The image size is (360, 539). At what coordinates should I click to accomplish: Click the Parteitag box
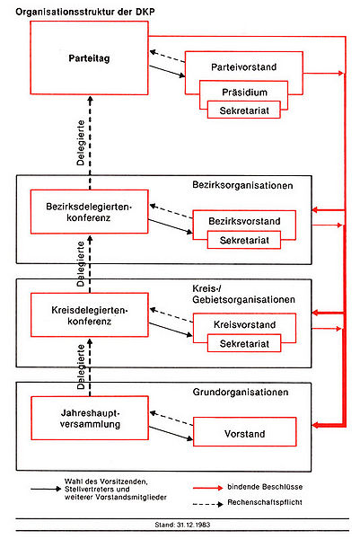[x=88, y=57]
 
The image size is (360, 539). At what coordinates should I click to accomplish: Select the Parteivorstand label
[x=242, y=67]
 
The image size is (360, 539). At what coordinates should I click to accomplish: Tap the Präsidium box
[x=242, y=93]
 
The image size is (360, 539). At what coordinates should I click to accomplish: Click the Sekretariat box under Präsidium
[x=242, y=110]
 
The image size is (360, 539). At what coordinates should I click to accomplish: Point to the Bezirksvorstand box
[x=244, y=221]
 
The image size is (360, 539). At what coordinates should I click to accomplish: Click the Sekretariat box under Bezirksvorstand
[x=244, y=238]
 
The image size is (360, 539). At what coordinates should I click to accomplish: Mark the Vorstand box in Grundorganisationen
[x=244, y=433]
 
